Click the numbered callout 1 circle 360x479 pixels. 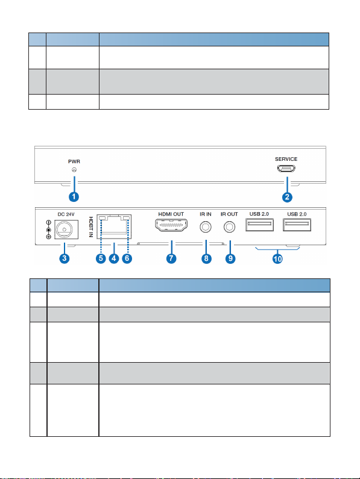point(74,197)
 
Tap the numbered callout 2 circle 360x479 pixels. point(287,197)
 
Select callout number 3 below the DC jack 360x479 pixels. point(65,258)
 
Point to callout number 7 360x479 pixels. point(171,258)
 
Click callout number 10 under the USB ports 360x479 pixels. point(277,259)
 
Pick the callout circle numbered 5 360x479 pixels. point(101,258)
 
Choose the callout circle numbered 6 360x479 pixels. point(127,258)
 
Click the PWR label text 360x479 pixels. point(74,161)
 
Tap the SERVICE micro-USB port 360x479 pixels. point(286,168)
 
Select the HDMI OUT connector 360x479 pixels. point(171,225)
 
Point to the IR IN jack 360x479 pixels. point(206,227)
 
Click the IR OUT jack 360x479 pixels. point(229,227)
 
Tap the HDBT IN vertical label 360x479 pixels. point(91,227)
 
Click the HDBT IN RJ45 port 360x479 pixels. point(114,227)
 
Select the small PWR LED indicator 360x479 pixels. point(74,170)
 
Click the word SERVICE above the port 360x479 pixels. point(286,159)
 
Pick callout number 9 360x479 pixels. point(230,258)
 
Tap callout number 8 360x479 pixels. point(206,258)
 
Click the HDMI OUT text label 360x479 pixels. point(171,214)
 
